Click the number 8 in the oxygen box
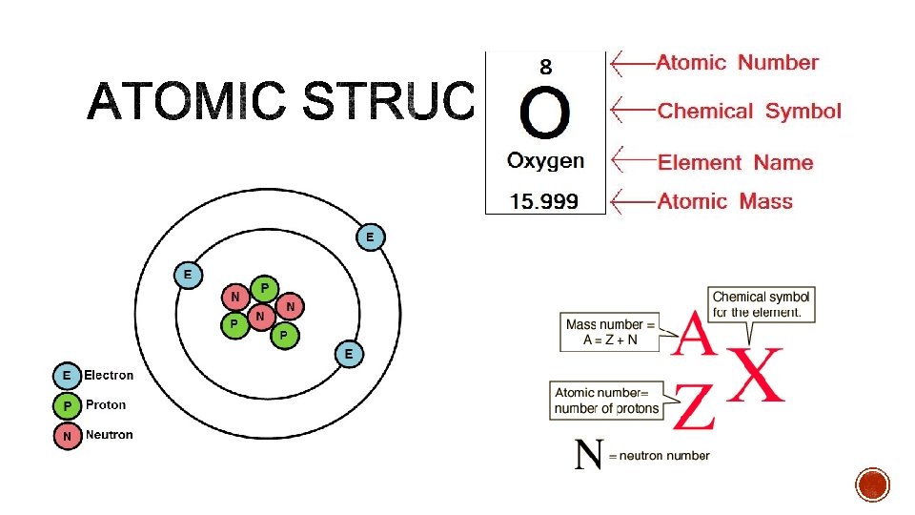(x=545, y=68)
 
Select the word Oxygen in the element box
(x=545, y=160)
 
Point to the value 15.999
(x=544, y=201)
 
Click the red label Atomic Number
(x=737, y=63)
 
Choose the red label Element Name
(x=735, y=162)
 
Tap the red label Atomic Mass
(x=724, y=201)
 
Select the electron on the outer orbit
(x=371, y=236)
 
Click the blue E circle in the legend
(x=66, y=376)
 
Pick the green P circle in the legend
(x=66, y=406)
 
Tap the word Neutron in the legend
(x=109, y=435)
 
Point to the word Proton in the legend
(x=105, y=405)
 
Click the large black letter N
(x=589, y=454)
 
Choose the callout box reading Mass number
(x=611, y=333)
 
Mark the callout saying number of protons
(x=607, y=401)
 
